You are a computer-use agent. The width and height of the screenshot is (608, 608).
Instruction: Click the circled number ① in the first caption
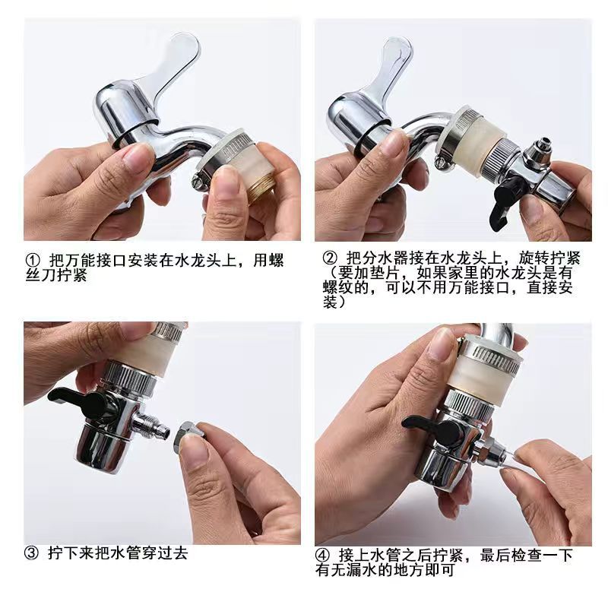(x=33, y=260)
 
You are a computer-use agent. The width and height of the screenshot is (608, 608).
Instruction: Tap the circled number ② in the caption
(x=331, y=258)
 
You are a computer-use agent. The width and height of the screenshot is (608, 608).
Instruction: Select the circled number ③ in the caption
(x=31, y=553)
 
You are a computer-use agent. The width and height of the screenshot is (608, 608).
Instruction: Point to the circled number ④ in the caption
(x=322, y=556)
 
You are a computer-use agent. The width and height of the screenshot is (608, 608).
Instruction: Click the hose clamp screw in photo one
(x=198, y=182)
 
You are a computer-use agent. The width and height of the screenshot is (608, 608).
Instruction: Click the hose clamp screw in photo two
(x=441, y=161)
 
